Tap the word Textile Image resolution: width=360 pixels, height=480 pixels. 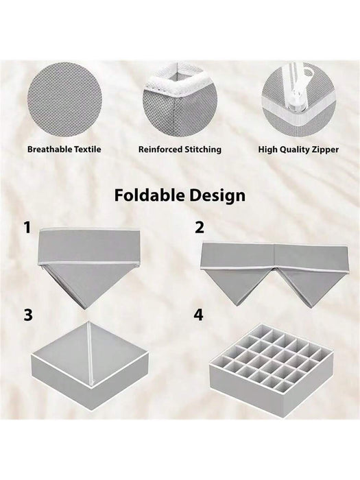click(88, 149)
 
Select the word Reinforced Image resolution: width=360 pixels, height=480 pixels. click(160, 149)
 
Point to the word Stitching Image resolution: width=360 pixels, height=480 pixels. click(203, 149)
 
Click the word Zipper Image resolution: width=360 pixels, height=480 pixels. click(325, 149)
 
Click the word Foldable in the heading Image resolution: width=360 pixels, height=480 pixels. click(149, 195)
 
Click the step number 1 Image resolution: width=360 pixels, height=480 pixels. click(27, 228)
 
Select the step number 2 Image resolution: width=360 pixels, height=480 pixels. click(200, 228)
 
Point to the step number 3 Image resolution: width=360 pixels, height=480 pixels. click(28, 315)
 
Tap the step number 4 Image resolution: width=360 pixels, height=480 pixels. click(199, 315)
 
